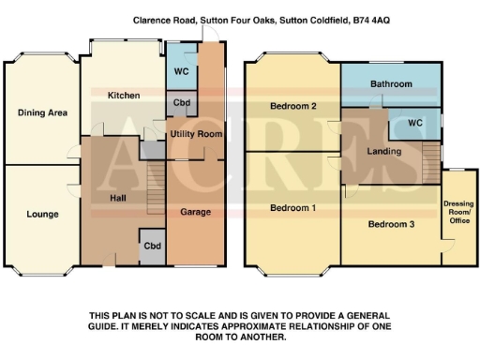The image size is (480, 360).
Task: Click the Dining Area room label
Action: pos(42,112)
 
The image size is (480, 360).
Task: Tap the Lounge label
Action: pos(42,214)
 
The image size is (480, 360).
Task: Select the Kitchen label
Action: pos(123,96)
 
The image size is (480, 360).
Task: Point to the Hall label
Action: pos(117,198)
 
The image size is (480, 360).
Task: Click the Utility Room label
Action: pos(195,135)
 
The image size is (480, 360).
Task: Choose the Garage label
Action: pos(195,212)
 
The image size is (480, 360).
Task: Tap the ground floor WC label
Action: pos(180,71)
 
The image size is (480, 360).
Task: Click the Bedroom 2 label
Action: pos(292,106)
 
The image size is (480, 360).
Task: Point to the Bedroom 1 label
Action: pos(292,206)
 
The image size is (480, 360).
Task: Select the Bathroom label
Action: pos(391,84)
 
